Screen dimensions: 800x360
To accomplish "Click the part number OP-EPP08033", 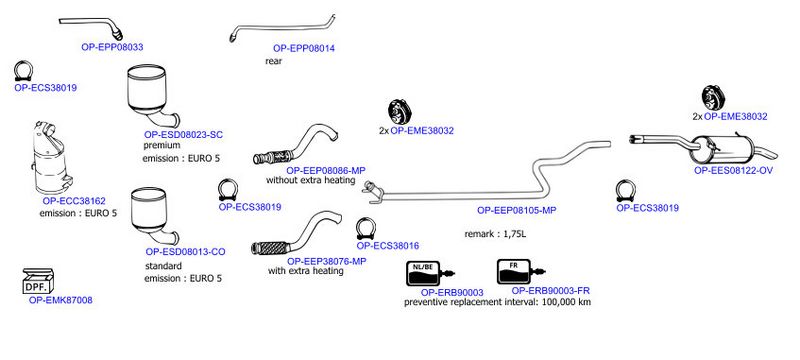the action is click(x=112, y=47).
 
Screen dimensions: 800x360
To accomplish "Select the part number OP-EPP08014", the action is click(x=304, y=48).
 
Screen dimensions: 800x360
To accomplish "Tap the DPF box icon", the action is click(x=39, y=281).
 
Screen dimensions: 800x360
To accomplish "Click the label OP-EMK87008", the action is click(x=61, y=300).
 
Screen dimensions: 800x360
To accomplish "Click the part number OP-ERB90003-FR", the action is click(x=551, y=291).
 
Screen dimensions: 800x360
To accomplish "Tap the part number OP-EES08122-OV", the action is click(x=733, y=171).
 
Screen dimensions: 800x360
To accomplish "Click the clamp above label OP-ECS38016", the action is click(x=366, y=228).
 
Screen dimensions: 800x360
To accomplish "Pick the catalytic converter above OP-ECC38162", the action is click(x=52, y=159).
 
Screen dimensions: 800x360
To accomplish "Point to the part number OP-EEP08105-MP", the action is click(x=516, y=210).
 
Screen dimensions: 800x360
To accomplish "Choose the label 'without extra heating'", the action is click(x=310, y=181).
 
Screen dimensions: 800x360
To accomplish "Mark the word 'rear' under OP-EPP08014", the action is click(x=273, y=61).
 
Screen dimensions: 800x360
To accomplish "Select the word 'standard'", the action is click(x=163, y=266).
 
